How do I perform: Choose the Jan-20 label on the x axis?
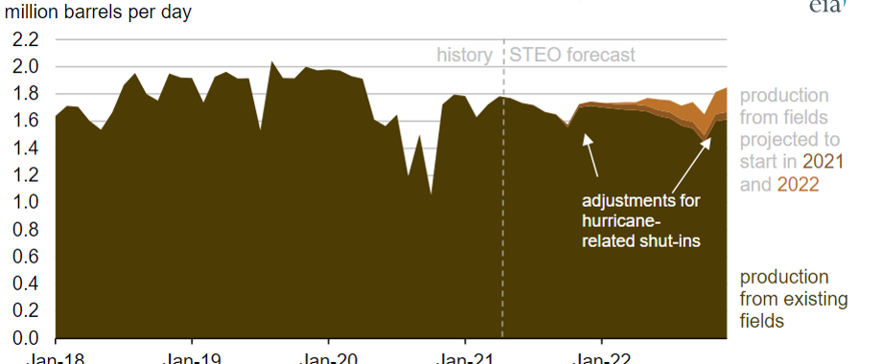point(329,357)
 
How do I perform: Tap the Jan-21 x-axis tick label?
point(465,357)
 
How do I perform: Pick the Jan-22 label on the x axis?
point(601,357)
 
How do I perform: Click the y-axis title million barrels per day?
point(98,13)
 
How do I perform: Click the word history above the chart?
point(465,55)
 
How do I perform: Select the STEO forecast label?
point(572,55)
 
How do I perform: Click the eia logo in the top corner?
point(830,8)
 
